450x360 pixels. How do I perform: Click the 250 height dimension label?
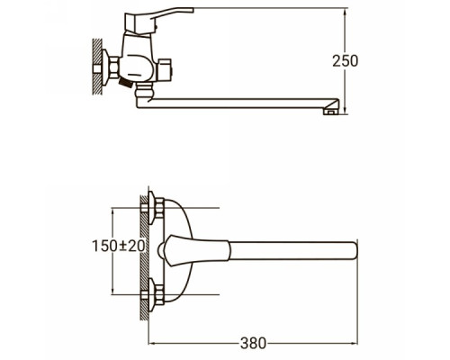[x=345, y=61]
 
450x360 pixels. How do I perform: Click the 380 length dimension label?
[x=253, y=343]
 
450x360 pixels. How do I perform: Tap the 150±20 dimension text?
[x=119, y=247]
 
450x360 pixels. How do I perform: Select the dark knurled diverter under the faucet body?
[x=126, y=83]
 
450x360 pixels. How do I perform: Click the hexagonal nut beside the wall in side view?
[x=114, y=67]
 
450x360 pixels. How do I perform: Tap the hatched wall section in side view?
[x=97, y=67]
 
